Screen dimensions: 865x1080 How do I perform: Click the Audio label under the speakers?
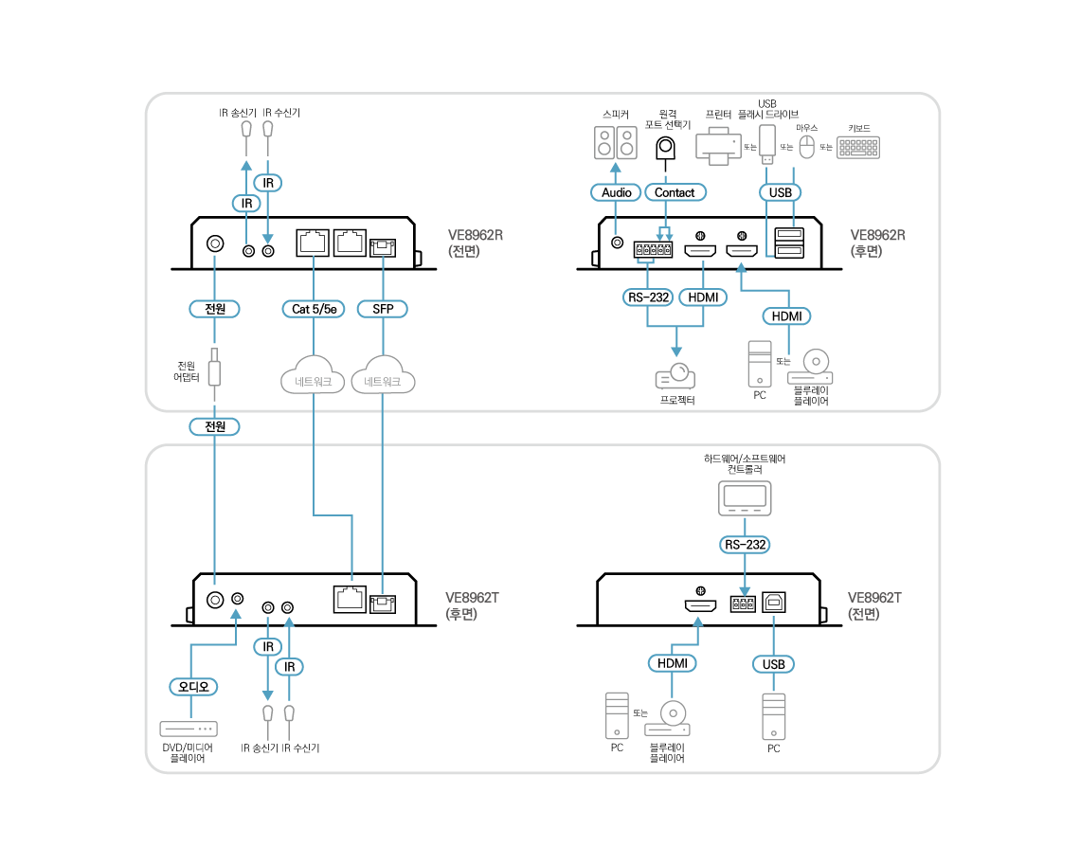(x=616, y=192)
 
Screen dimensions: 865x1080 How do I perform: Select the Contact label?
(x=675, y=192)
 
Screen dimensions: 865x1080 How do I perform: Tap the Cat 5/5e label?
(x=314, y=309)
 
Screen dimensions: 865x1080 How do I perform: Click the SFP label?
(x=383, y=309)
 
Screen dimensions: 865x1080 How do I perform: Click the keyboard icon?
(x=857, y=147)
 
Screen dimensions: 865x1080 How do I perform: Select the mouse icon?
(x=806, y=146)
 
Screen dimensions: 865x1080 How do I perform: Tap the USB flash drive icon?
(x=767, y=142)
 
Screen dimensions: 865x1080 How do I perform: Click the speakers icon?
(x=616, y=143)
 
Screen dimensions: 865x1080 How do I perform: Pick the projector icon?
(x=675, y=376)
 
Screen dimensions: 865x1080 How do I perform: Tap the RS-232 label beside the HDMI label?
(x=648, y=297)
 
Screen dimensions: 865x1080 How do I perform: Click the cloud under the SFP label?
(x=383, y=377)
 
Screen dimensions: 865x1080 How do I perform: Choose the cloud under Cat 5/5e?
(x=314, y=377)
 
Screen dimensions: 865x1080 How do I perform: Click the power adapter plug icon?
(x=215, y=368)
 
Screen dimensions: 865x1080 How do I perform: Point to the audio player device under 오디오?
(x=189, y=729)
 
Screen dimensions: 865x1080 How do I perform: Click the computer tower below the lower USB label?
(x=774, y=716)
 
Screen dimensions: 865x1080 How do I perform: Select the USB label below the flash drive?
(x=780, y=192)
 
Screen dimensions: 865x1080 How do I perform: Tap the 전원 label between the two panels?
(x=215, y=426)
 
